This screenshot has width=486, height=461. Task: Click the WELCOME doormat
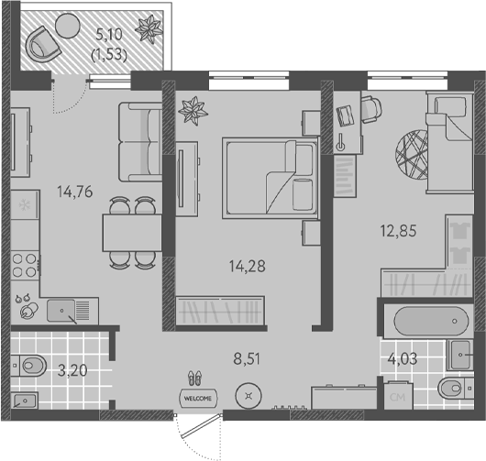pos(198,398)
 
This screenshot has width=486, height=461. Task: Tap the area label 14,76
pos(75,192)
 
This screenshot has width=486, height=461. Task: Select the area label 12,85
pos(398,231)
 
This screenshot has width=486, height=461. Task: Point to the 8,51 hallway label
pos(247,358)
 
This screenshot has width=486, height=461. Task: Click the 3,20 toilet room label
pos(72,370)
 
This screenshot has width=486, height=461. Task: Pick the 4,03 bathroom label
pos(403,358)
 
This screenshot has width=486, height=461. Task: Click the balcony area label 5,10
pos(109,35)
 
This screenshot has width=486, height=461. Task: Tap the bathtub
pos(431,321)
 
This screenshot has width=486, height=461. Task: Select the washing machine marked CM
pos(398,396)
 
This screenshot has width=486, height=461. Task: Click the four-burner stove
pos(25,265)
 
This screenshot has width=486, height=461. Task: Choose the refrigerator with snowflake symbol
pos(25,204)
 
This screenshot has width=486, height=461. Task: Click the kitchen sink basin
pos(61,311)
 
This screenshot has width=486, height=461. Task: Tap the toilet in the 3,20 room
pos(28,366)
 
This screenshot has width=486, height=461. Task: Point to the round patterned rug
pos(412,155)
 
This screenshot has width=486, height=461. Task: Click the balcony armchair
pos(42,44)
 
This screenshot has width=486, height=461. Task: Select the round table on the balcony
pos(68,26)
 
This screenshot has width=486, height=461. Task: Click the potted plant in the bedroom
pos(193,111)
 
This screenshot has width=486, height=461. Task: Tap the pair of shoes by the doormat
pos(195,378)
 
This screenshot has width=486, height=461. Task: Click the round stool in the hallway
pos(249,396)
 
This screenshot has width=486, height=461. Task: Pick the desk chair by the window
pos(371,110)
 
